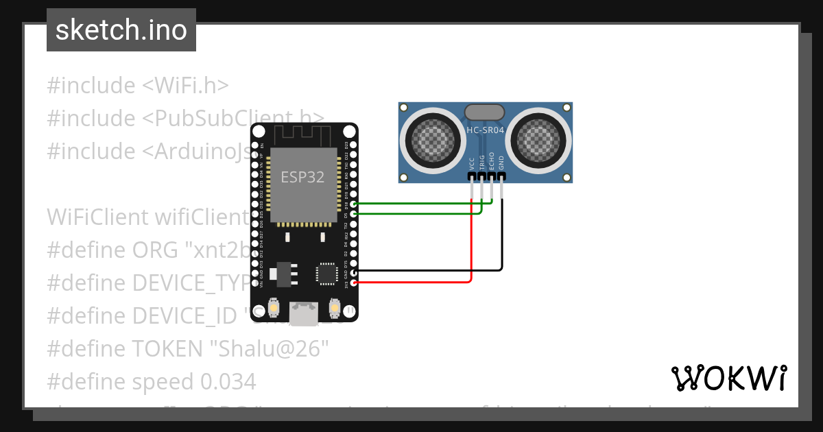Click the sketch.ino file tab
tap(121, 30)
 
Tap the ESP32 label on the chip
tap(302, 177)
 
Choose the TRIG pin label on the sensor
tap(482, 163)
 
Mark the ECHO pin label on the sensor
tap(492, 162)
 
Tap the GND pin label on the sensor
tap(501, 163)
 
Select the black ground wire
tap(502, 240)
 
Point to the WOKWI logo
tap(728, 378)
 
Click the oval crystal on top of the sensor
tap(485, 112)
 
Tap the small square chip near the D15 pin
tap(326, 274)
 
